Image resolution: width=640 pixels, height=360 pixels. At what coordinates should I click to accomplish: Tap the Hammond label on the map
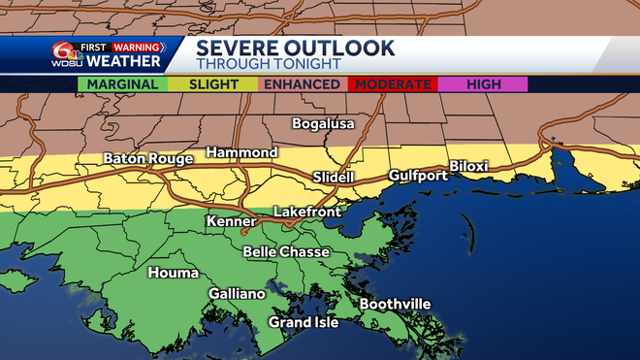(x=242, y=153)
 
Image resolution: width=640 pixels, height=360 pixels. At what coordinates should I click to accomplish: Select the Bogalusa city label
(x=324, y=124)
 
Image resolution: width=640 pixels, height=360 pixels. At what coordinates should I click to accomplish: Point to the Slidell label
(x=335, y=178)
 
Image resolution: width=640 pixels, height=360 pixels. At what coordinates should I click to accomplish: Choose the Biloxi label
(x=468, y=166)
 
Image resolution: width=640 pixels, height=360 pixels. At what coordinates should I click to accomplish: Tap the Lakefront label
(x=305, y=211)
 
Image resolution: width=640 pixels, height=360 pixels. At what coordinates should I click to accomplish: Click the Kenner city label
(x=232, y=222)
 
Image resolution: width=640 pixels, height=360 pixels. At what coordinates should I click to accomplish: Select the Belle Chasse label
(x=286, y=252)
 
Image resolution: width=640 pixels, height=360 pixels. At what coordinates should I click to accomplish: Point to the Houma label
(x=174, y=273)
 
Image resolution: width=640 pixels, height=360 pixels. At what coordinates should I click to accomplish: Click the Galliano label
(x=237, y=294)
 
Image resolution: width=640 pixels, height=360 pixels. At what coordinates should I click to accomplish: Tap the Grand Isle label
(x=304, y=322)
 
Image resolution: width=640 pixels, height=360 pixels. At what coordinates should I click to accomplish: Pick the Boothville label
(x=395, y=305)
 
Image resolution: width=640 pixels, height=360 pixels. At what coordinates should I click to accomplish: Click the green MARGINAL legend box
(x=122, y=84)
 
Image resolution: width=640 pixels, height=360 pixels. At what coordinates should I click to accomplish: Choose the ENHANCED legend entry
(x=302, y=84)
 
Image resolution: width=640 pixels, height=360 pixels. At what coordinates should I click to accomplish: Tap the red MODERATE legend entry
(x=393, y=84)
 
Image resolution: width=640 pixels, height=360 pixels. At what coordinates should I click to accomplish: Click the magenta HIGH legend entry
(x=483, y=84)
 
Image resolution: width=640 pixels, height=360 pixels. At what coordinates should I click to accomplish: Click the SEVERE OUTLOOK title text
(x=296, y=48)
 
